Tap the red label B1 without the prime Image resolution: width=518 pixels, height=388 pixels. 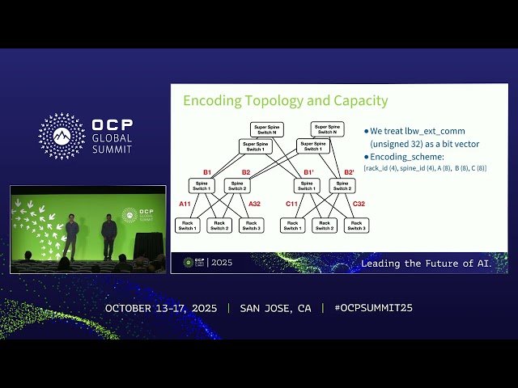207,172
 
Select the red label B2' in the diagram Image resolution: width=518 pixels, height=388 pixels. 349,172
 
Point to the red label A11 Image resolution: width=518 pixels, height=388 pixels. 185,205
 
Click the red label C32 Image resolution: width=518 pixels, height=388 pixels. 359,205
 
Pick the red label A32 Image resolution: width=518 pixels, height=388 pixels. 254,205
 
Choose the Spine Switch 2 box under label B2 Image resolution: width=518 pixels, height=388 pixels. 236,186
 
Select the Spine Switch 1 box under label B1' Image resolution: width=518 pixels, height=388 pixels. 307,186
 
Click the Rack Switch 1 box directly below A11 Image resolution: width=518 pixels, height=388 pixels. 187,226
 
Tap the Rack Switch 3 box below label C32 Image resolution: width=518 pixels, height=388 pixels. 356,226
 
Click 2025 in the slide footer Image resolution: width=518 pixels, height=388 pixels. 220,263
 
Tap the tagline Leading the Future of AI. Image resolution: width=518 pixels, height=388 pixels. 433,264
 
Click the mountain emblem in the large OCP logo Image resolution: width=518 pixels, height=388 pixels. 62,136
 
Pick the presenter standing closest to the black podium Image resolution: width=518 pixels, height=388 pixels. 109,235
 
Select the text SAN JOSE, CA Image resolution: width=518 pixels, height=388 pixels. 275,308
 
